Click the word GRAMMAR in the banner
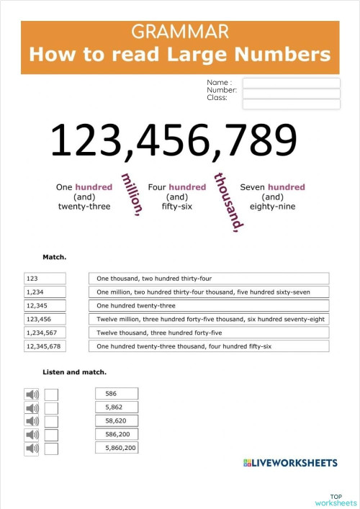180,32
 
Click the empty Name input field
291,83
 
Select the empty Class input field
291,104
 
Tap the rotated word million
132,194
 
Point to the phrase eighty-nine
272,207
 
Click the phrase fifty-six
176,207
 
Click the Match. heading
55,256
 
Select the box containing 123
45,278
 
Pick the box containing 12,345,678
45,346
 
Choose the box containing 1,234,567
45,333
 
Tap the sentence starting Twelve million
209,319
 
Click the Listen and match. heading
74,372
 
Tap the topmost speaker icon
32,394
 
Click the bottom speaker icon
32,449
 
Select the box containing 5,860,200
117,448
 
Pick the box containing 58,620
117,420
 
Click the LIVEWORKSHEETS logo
291,462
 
